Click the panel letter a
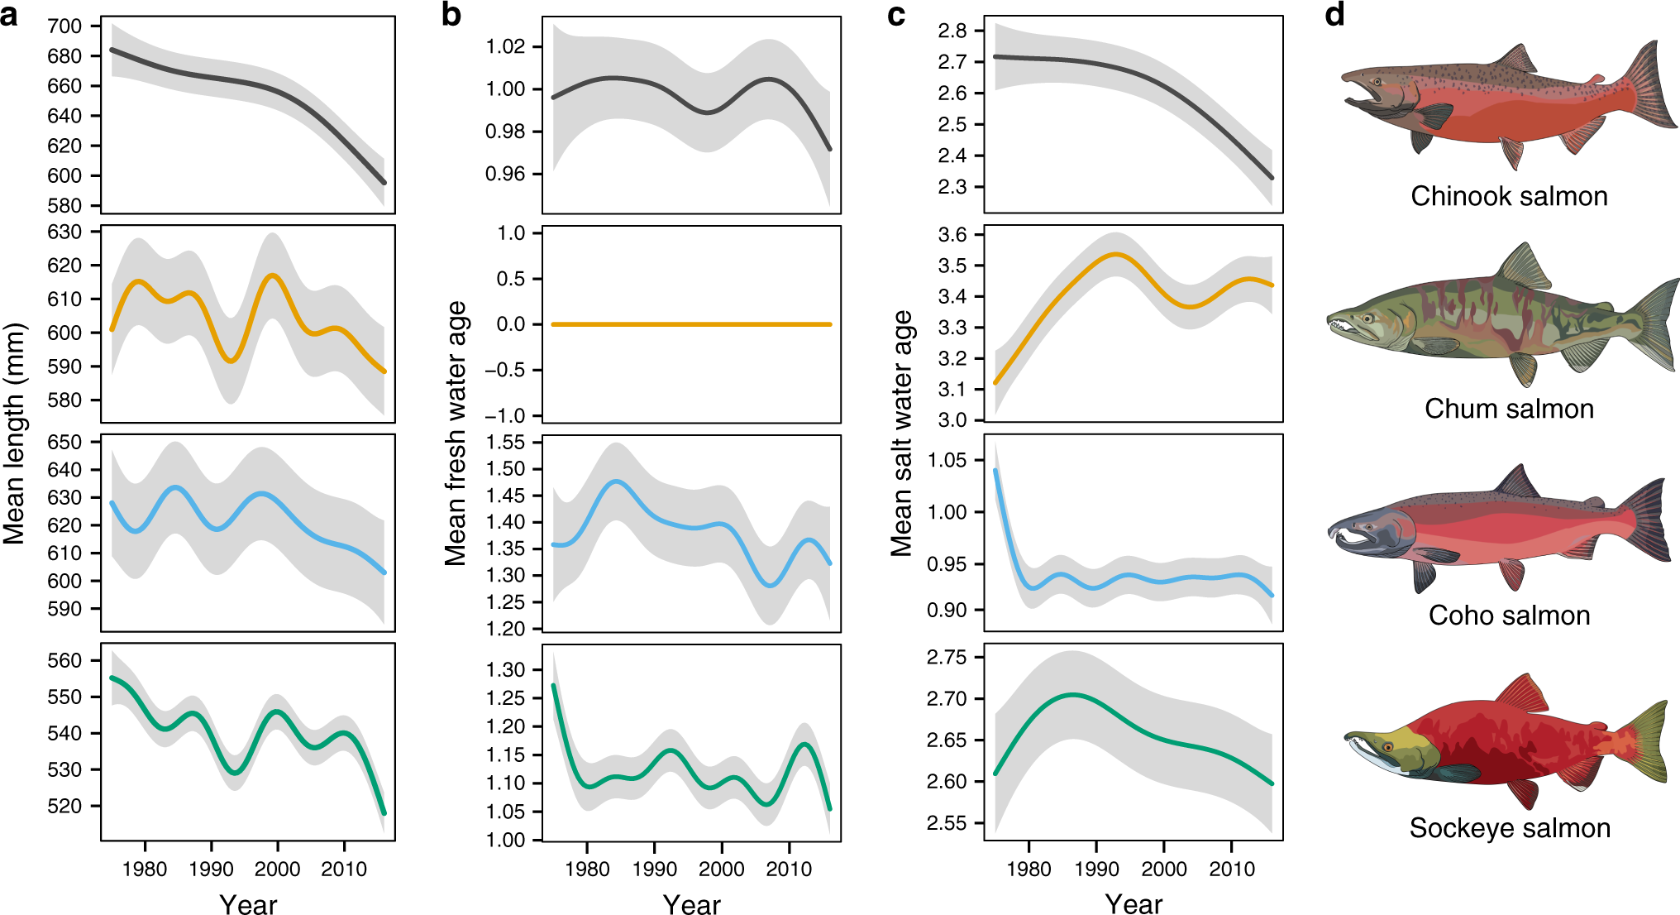[x=9, y=15]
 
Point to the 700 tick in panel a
[x=64, y=26]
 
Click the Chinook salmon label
[x=1509, y=196]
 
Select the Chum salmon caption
[x=1509, y=409]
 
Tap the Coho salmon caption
[x=1509, y=616]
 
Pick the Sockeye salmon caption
[x=1509, y=828]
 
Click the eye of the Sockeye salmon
[x=1388, y=747]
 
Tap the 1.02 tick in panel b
[x=505, y=46]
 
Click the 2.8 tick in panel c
[x=952, y=31]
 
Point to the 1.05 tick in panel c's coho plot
[x=947, y=460]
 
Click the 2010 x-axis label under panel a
[x=344, y=869]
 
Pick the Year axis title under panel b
[x=691, y=904]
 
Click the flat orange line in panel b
[x=691, y=324]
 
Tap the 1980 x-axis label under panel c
[x=1029, y=869]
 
